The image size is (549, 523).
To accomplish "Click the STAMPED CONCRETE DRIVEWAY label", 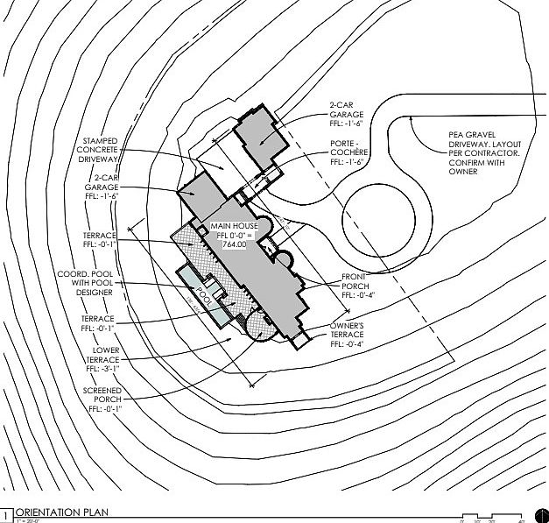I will [106, 153].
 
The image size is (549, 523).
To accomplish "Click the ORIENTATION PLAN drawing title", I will [60, 513].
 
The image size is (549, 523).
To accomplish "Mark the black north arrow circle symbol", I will [537, 515].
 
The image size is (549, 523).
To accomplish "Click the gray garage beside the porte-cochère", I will [261, 136].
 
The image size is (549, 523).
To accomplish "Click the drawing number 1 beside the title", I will [7, 514].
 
